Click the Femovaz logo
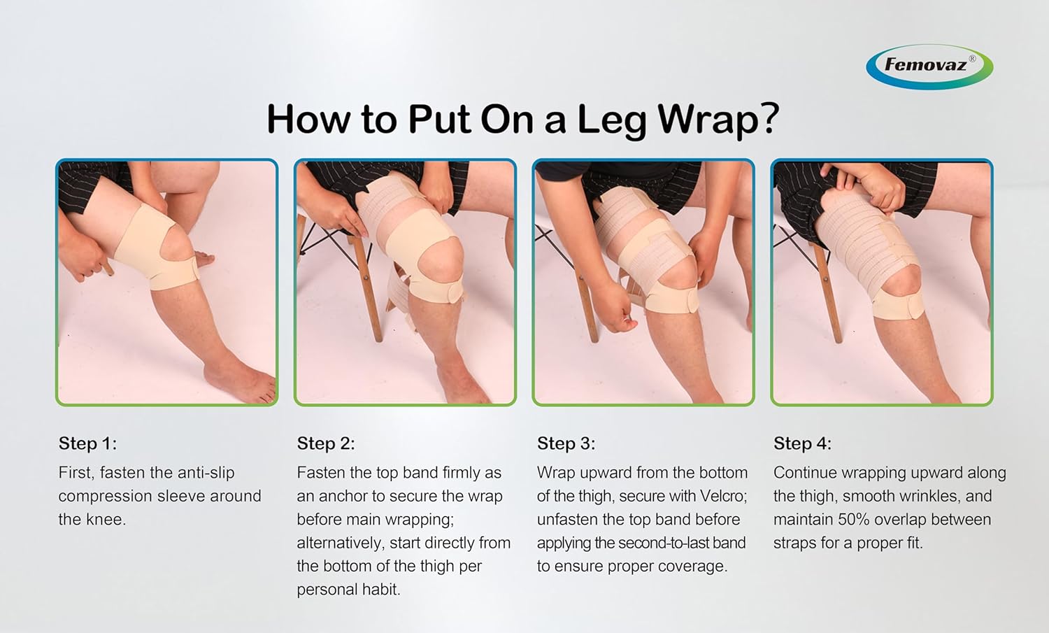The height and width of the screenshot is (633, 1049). coord(929,66)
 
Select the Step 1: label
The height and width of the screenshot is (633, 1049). coord(87,443)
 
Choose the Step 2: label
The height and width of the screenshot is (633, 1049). coord(326,443)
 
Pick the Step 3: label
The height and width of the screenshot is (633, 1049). coord(566,443)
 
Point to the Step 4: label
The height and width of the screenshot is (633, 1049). coord(802,443)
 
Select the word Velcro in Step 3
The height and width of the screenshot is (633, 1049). coord(721,497)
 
